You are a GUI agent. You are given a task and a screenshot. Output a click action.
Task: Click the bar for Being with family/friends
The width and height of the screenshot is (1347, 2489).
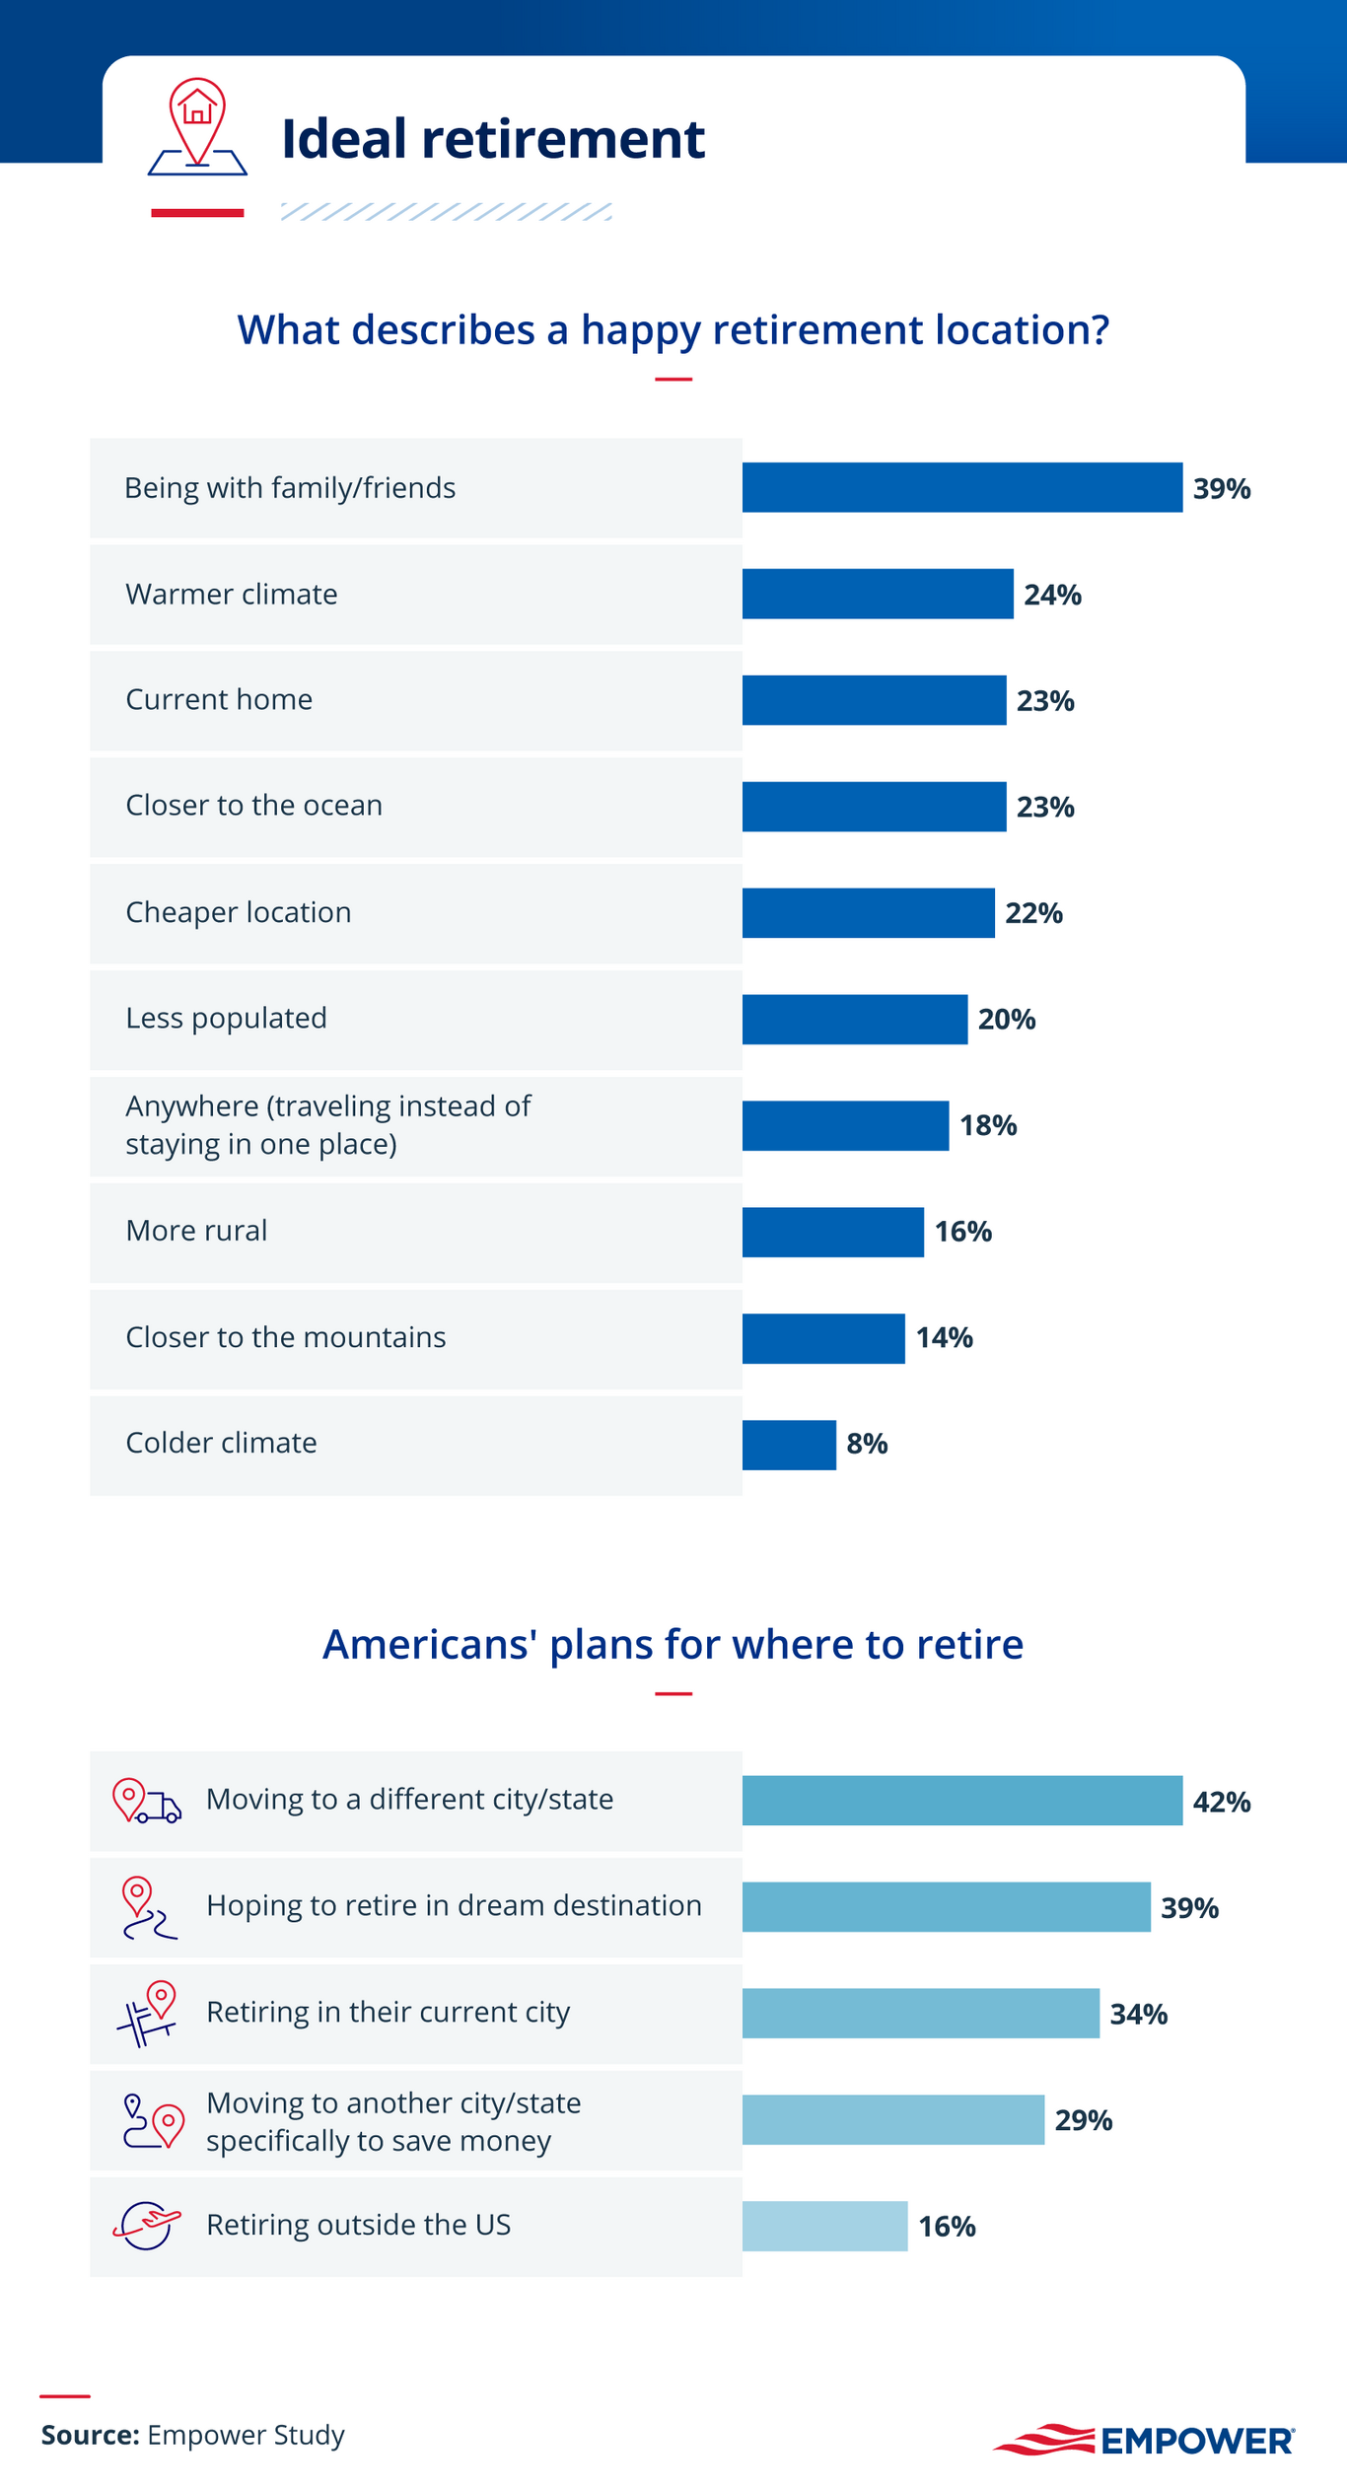(961, 487)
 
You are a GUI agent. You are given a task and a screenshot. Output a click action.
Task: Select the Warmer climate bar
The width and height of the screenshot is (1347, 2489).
(878, 594)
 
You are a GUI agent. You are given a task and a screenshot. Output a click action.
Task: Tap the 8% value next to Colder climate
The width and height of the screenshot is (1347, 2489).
(867, 1444)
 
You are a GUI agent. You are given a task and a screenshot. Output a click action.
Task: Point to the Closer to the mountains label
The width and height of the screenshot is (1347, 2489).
(285, 1337)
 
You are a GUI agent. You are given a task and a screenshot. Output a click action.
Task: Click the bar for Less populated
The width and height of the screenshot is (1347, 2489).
(854, 1019)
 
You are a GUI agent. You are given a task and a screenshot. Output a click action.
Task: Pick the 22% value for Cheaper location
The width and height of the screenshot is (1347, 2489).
(1033, 913)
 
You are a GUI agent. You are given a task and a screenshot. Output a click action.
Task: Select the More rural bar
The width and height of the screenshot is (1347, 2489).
(832, 1232)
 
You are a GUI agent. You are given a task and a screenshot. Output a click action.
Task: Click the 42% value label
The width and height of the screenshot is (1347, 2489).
(1221, 1803)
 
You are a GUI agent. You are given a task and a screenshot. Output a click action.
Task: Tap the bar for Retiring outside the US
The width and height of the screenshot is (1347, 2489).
(824, 2226)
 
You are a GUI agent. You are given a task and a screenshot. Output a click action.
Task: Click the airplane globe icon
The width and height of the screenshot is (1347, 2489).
(146, 2225)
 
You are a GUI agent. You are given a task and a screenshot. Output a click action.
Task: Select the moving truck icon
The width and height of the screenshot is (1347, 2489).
(146, 1801)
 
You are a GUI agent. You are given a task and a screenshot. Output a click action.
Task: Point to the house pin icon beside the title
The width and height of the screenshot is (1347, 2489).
(197, 126)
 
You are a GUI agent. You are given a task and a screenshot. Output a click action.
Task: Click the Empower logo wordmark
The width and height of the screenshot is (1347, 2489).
(1195, 2441)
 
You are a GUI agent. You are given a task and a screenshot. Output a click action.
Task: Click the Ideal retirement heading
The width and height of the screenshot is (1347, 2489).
(493, 138)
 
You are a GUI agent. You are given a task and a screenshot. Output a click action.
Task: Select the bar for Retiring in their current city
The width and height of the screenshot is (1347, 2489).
(920, 2013)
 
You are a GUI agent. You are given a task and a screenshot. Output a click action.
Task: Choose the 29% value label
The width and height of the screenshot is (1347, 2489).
(1083, 2120)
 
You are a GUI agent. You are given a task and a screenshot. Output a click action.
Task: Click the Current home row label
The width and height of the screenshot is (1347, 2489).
(219, 699)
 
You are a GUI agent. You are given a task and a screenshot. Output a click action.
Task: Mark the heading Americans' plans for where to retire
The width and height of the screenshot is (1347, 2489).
(673, 1645)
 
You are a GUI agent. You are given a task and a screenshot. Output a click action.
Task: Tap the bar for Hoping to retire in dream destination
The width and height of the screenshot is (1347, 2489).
(946, 1907)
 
